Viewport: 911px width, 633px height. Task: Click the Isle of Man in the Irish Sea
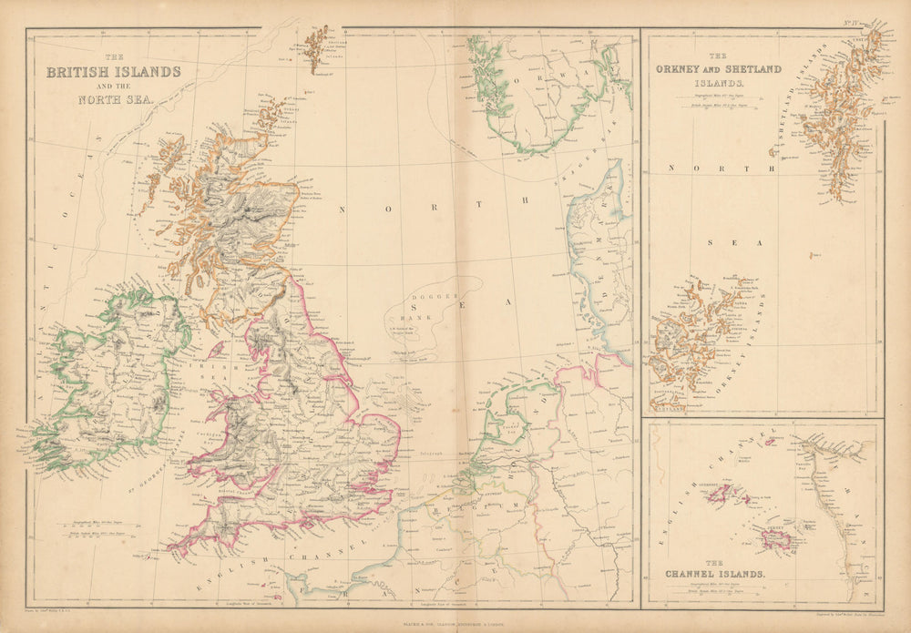click(x=217, y=349)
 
